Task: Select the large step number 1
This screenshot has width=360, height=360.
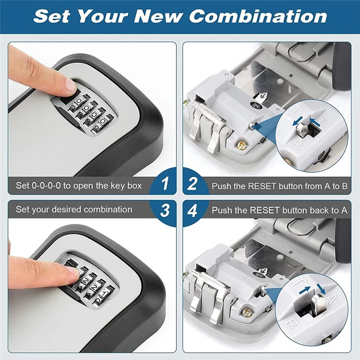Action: click(x=165, y=184)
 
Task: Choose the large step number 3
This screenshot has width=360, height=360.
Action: click(x=165, y=210)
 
